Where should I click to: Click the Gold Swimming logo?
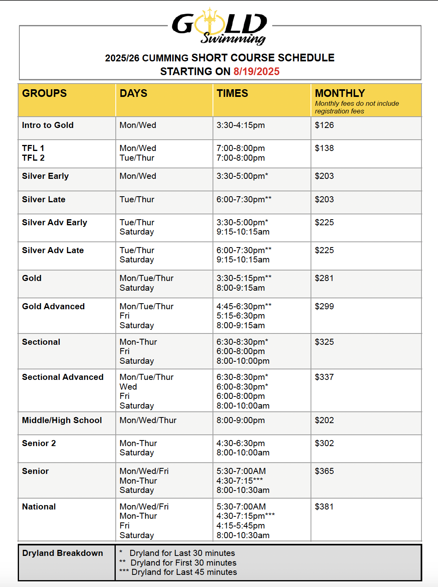pyautogui.click(x=220, y=27)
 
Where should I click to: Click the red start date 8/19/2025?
pyautogui.click(x=256, y=71)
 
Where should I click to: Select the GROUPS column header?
pyautogui.click(x=44, y=93)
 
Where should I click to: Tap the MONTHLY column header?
pyautogui.click(x=340, y=93)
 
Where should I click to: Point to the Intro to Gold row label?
pyautogui.click(x=48, y=125)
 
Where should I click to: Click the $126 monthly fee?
pyautogui.click(x=324, y=125)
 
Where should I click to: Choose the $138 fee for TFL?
pyautogui.click(x=324, y=148)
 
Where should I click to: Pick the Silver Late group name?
pyautogui.click(x=44, y=199)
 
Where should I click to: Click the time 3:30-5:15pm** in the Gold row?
pyautogui.click(x=244, y=278)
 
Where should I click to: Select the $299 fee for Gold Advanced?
pyautogui.click(x=324, y=306)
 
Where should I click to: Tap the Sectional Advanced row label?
pyautogui.click(x=63, y=377)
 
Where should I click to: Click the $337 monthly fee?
pyautogui.click(x=324, y=377)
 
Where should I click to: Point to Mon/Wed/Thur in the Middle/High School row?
pyautogui.click(x=148, y=420)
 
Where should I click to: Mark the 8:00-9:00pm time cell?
pyautogui.click(x=240, y=420)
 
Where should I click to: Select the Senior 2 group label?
pyautogui.click(x=39, y=443)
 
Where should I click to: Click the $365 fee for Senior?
pyautogui.click(x=324, y=471)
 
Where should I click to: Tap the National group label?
pyautogui.click(x=39, y=507)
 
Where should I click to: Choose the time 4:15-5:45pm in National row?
pyautogui.click(x=240, y=526)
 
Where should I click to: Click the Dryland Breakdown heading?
pyautogui.click(x=63, y=553)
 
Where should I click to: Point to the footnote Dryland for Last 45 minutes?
pyautogui.click(x=184, y=572)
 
